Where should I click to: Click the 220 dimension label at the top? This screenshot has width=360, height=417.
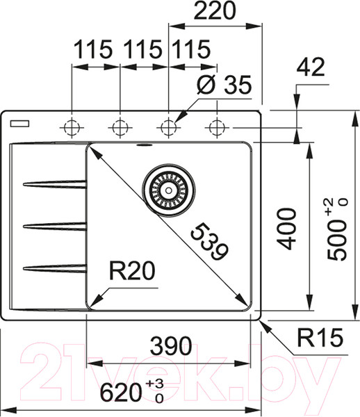click(215, 10)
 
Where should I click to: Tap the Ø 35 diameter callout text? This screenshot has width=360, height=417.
click(224, 85)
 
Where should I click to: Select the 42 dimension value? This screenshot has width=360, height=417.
click(311, 67)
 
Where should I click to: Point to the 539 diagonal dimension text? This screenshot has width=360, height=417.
click(209, 242)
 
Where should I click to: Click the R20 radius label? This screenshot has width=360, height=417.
click(132, 271)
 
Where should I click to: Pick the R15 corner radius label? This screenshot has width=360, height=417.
click(320, 338)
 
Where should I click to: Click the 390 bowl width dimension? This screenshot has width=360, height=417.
click(171, 345)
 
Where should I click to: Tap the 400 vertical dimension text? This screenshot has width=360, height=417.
click(286, 229)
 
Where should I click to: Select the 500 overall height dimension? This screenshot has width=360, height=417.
click(337, 229)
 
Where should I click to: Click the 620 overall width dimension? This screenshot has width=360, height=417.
click(132, 391)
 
